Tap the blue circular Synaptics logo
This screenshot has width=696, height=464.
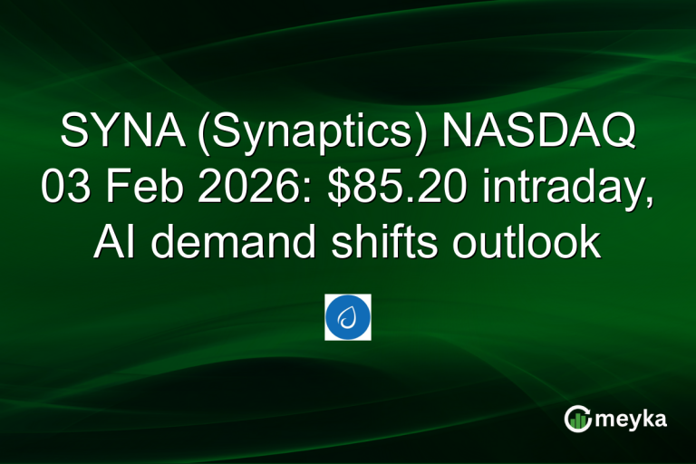347,317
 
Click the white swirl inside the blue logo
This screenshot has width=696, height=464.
347,317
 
